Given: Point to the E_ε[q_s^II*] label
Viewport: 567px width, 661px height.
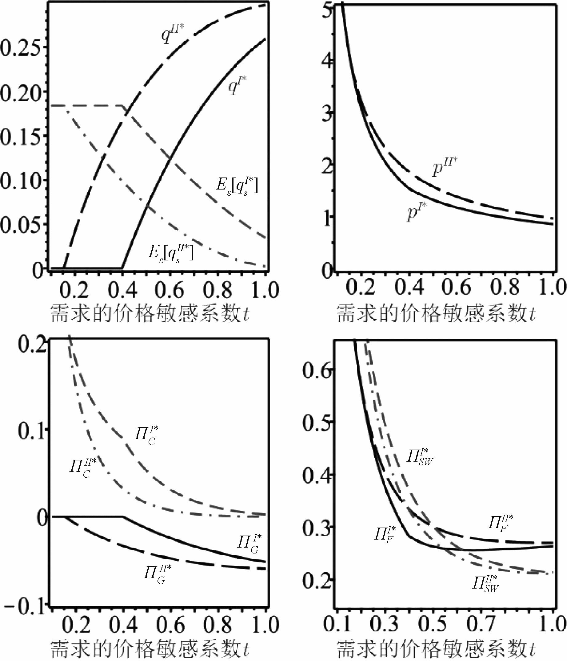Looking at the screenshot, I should [171, 254].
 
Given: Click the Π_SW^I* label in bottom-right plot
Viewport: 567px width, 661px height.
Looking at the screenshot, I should [420, 457].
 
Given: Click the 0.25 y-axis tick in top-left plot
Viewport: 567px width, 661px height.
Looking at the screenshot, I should [21, 47].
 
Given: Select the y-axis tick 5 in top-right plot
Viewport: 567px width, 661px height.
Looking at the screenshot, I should [327, 10].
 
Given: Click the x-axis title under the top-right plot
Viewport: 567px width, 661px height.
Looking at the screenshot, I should [436, 314].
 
